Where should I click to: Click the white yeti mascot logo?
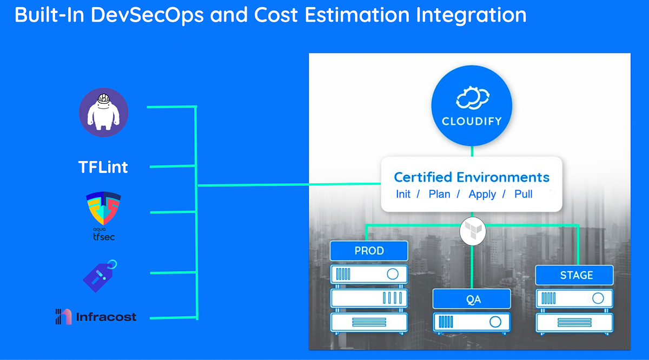[103, 112]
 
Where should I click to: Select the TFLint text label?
[103, 167]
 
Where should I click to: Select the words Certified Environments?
[472, 177]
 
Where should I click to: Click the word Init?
[403, 194]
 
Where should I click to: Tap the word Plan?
[439, 194]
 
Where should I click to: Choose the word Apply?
[482, 194]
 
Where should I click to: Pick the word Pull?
[524, 194]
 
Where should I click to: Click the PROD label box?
[369, 251]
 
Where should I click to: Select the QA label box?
[472, 298]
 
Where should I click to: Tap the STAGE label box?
[574, 275]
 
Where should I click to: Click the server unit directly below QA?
[472, 322]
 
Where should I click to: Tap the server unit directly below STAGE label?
[574, 298]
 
